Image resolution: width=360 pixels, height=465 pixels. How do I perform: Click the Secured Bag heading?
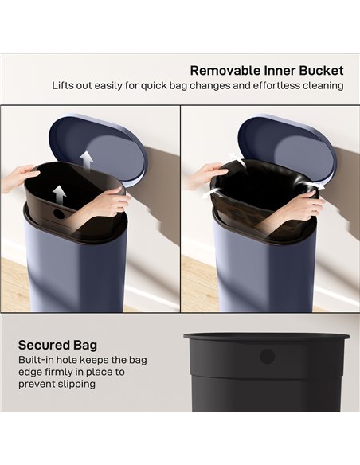57,345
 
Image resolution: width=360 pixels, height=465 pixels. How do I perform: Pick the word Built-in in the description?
37,360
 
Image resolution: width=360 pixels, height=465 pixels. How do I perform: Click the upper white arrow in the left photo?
87,160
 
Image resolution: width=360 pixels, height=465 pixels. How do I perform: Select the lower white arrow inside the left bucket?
59,193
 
